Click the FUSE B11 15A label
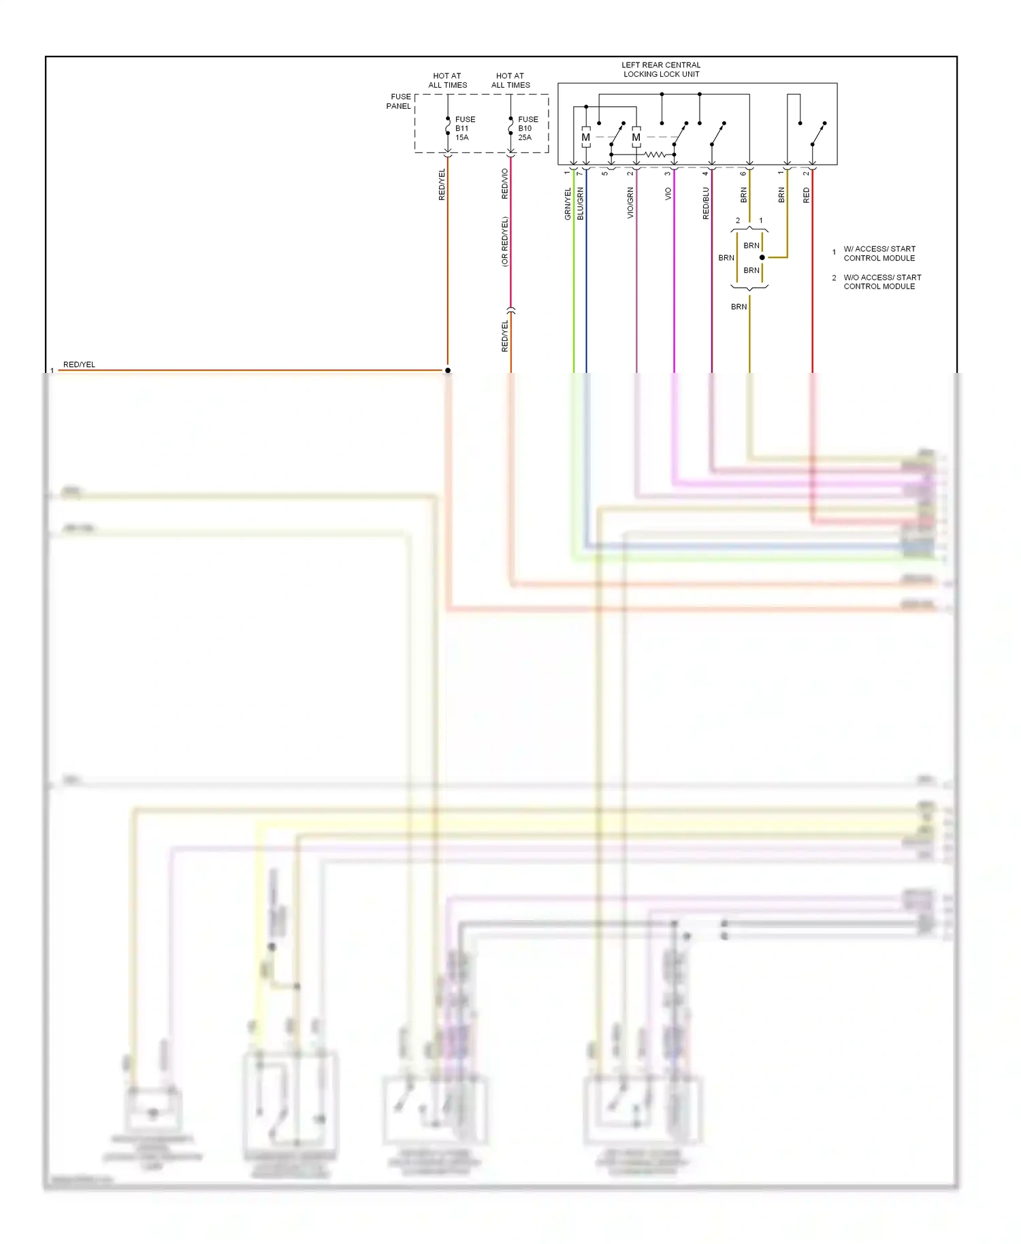pyautogui.click(x=464, y=129)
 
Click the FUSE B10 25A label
pyautogui.click(x=528, y=129)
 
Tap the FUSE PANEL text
pyautogui.click(x=400, y=101)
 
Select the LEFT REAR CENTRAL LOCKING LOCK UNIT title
pyautogui.click(x=661, y=69)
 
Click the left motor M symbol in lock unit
pyautogui.click(x=585, y=137)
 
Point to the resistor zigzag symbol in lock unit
pyautogui.click(x=655, y=154)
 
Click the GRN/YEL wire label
pyautogui.click(x=568, y=203)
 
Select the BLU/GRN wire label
pyautogui.click(x=581, y=203)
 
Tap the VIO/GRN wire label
pyautogui.click(x=630, y=203)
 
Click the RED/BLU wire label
pyautogui.click(x=706, y=203)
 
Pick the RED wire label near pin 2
pyautogui.click(x=807, y=196)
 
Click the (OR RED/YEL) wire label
pyautogui.click(x=504, y=242)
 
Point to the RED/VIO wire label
pyautogui.click(x=504, y=184)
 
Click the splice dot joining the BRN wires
pyautogui.click(x=762, y=257)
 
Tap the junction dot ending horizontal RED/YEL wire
pyautogui.click(x=448, y=370)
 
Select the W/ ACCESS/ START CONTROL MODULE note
pyautogui.click(x=879, y=253)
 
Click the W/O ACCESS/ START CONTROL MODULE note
pyautogui.click(x=881, y=282)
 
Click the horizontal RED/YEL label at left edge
pyautogui.click(x=79, y=365)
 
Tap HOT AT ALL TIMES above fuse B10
pyautogui.click(x=510, y=80)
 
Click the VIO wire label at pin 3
pyautogui.click(x=668, y=194)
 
